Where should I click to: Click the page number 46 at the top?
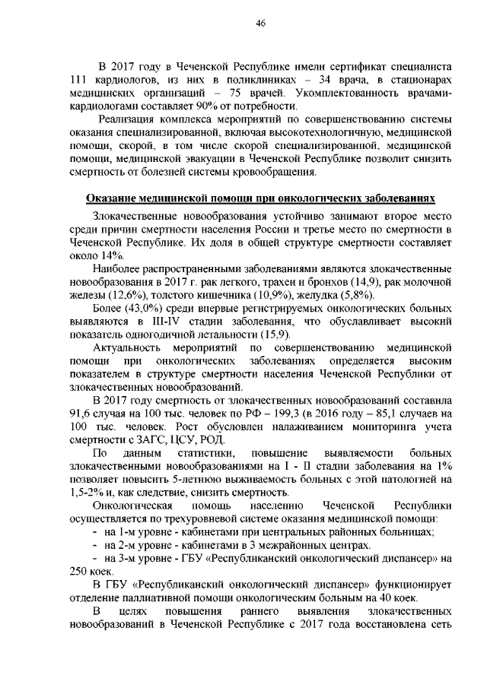259,24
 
